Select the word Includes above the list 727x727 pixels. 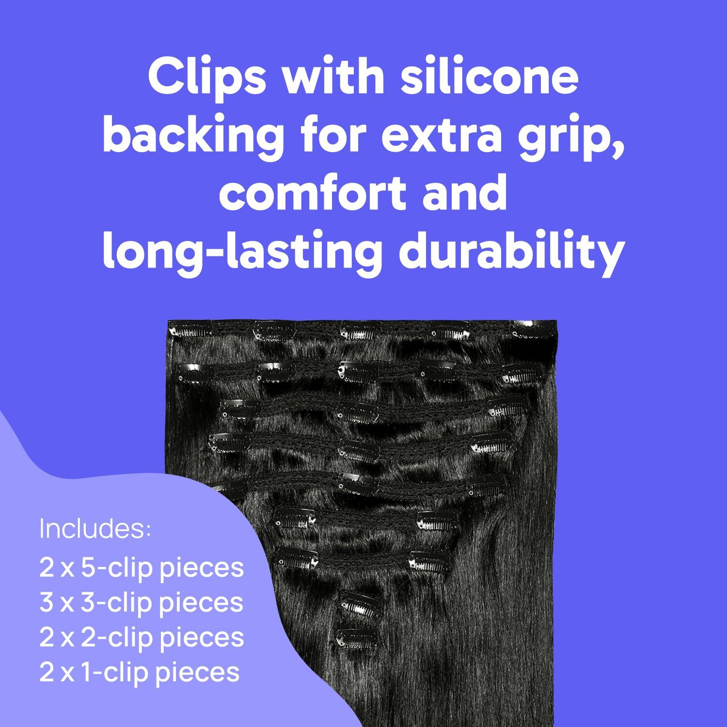[95, 529]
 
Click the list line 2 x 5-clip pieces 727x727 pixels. [142, 569]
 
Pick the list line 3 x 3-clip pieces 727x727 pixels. [142, 603]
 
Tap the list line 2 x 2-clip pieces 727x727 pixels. [142, 638]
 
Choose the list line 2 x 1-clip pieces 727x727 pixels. [140, 673]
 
